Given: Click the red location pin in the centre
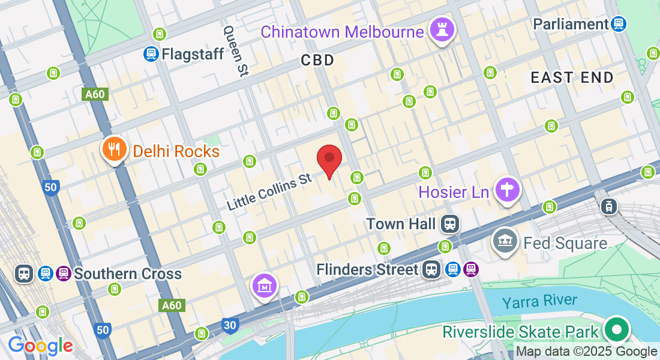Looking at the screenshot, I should (329, 160).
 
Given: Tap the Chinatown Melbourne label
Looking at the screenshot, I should (342, 31).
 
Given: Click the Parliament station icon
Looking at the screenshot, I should (619, 24).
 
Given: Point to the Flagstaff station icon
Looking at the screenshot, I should (151, 54).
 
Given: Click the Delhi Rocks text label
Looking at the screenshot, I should (176, 151).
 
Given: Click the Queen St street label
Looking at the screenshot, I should (236, 50).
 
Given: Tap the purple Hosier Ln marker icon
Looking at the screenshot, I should (508, 190).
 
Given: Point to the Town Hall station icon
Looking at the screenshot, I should (449, 224).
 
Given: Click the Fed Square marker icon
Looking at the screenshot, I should (505, 241).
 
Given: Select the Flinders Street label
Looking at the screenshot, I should (367, 269).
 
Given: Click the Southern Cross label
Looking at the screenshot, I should (127, 274).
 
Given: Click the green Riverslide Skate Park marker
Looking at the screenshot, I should (616, 329).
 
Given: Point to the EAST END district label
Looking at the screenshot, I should (572, 77).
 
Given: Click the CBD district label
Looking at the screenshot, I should (317, 60).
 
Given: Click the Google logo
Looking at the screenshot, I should (40, 346).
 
